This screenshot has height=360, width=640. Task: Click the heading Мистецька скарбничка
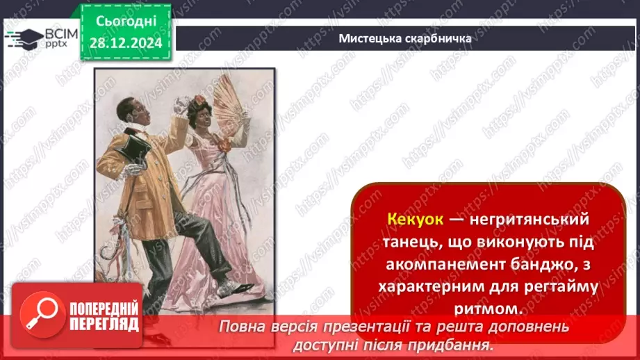(405, 38)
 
